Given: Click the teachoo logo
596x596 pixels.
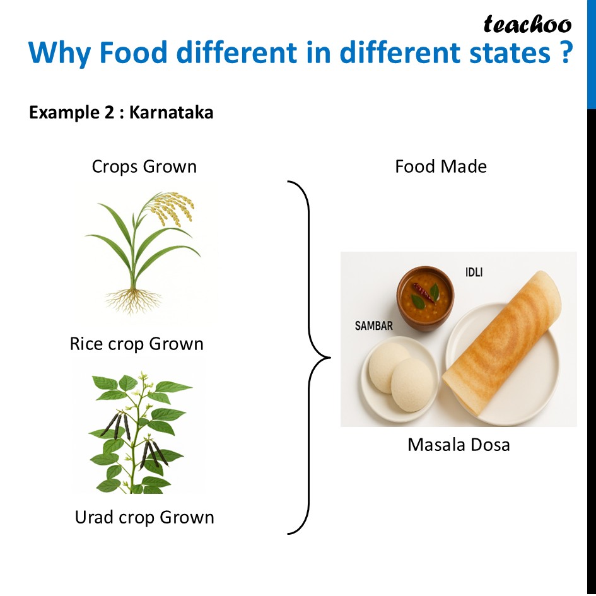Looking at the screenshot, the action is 527,25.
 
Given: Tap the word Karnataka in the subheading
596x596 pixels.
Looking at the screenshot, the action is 171,112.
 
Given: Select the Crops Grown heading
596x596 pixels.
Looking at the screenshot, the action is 144,167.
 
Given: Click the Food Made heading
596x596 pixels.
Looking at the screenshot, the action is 441,167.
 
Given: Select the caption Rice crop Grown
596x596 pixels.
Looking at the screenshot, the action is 137,344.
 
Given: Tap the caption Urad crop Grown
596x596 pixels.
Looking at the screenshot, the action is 144,517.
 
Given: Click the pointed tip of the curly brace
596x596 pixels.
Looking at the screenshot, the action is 330,358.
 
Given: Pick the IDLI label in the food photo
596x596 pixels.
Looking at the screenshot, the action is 474,272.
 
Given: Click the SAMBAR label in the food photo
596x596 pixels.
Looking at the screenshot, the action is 373,325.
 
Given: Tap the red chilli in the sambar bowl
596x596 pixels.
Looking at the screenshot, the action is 424,293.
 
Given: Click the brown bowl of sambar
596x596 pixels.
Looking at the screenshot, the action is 425,298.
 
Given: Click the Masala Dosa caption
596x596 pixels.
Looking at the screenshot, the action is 459,445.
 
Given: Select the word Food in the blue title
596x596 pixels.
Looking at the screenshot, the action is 133,52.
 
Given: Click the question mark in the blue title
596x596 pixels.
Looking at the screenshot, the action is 566,52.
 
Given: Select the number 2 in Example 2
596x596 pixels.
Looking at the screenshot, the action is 109,112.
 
